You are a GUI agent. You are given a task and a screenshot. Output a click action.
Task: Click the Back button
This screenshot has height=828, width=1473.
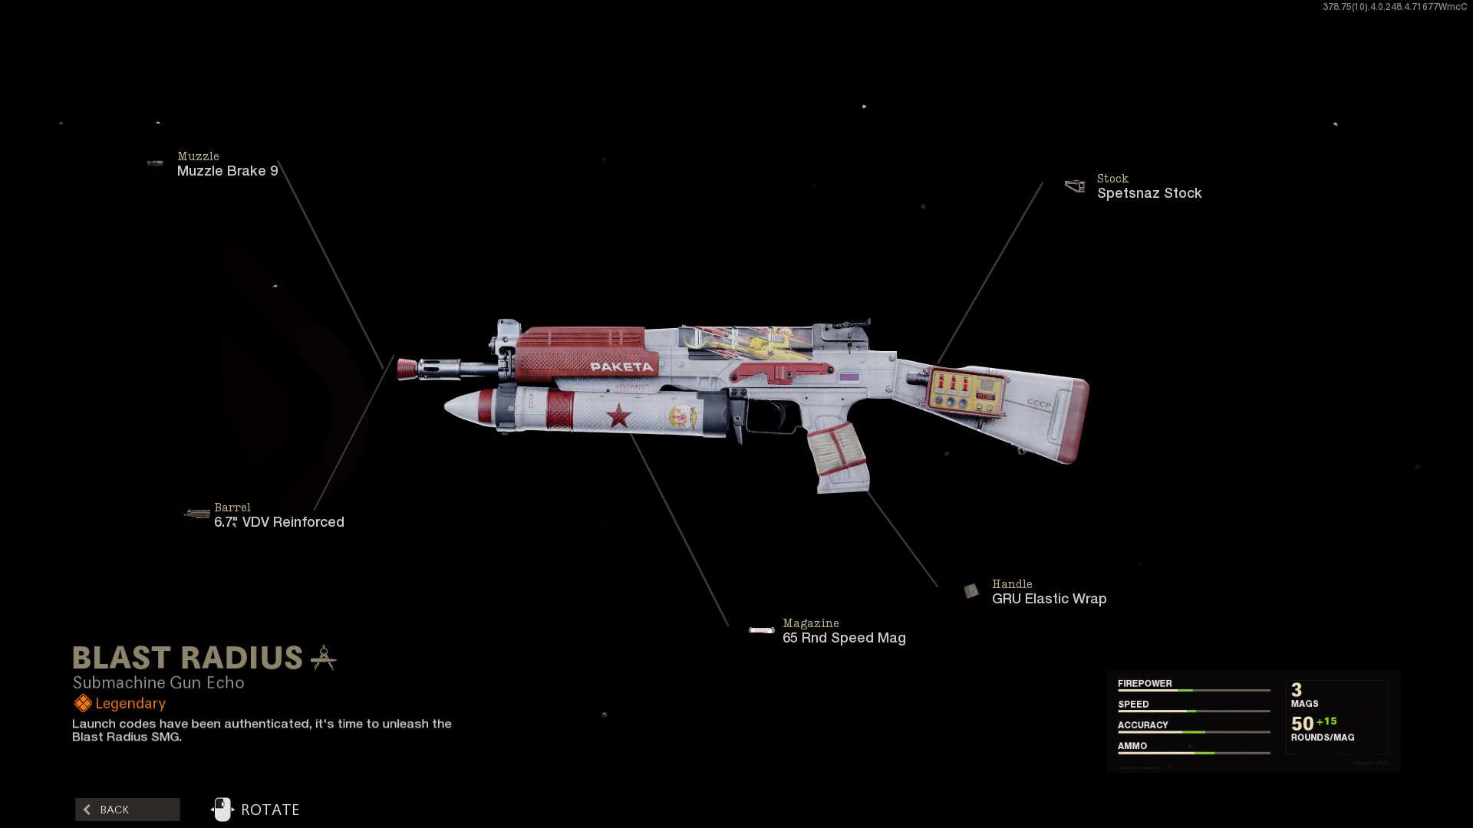127,810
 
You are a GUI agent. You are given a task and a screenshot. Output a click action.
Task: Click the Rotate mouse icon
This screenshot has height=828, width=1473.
222,810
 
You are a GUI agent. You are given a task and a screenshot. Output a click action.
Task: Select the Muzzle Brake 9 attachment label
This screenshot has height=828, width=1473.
227,171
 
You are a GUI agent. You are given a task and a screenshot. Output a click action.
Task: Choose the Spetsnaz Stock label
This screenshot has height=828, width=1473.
1148,193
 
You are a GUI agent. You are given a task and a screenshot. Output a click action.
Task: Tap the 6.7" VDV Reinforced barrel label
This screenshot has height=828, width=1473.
279,522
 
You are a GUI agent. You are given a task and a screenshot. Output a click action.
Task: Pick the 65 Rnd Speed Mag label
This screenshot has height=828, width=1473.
844,638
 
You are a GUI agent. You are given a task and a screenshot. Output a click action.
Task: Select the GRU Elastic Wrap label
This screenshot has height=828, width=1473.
1049,599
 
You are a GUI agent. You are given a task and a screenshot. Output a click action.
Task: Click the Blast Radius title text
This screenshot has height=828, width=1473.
188,658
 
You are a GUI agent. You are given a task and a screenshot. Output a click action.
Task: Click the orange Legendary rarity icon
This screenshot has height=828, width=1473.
83,703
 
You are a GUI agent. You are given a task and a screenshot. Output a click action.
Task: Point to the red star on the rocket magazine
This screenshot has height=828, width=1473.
618,416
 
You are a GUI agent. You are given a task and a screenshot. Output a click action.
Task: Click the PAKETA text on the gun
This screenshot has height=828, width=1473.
621,367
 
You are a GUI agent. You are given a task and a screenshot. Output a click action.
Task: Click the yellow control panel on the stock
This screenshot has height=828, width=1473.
965,391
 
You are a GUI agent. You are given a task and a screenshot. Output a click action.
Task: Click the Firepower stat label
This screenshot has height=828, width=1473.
1145,684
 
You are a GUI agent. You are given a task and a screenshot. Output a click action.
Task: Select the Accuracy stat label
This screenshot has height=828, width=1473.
1142,725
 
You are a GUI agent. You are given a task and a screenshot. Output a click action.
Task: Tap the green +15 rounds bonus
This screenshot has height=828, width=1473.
1326,721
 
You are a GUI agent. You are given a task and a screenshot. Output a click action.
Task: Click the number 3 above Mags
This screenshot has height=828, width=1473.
1297,690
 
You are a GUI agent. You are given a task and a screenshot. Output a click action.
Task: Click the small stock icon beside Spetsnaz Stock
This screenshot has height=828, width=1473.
1075,186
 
